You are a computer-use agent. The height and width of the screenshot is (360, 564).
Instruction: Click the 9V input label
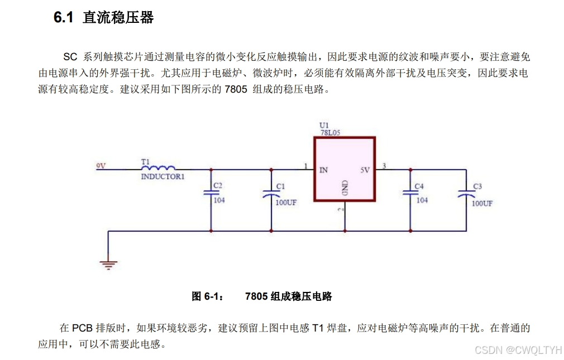point(101,166)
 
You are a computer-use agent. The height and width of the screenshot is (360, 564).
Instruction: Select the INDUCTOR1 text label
point(162,176)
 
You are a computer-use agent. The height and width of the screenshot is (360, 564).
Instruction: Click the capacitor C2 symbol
point(211,191)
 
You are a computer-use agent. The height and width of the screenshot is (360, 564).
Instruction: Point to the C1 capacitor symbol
point(271,194)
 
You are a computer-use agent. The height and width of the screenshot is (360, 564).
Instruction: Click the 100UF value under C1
point(286,203)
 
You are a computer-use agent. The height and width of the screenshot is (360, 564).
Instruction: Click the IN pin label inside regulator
point(324,170)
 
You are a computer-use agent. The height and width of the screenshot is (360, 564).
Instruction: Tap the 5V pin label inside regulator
point(364,170)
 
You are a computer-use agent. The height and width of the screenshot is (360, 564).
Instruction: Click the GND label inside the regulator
point(345,188)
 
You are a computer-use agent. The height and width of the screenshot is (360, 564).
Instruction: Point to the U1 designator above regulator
point(324,125)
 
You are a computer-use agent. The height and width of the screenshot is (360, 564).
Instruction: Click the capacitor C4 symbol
point(410,191)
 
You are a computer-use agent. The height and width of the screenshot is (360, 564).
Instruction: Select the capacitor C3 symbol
point(466,194)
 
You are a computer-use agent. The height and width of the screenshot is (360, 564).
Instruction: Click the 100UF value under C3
point(482,204)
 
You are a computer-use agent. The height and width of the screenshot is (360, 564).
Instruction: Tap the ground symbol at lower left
point(108,264)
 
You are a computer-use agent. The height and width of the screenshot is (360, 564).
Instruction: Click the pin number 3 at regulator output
point(384,165)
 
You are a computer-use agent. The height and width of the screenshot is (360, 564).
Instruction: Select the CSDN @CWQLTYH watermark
point(518,350)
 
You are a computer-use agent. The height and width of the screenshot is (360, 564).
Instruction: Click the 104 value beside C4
point(422,200)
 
